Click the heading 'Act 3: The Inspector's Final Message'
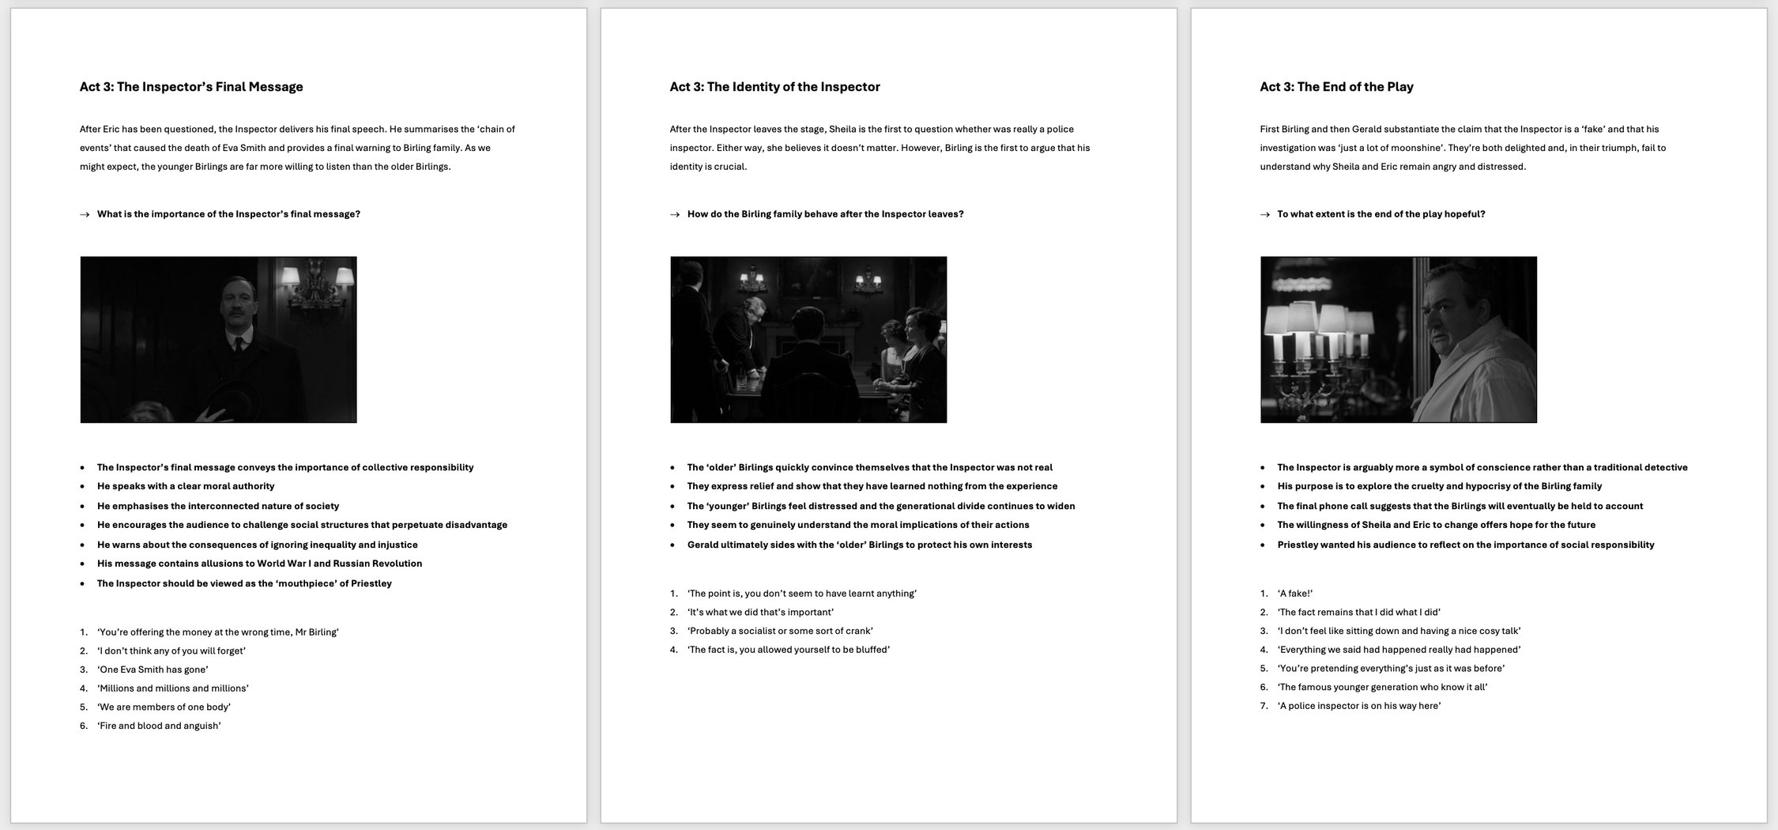click(x=191, y=87)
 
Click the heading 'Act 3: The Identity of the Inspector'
click(x=774, y=87)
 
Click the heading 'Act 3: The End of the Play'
click(x=1336, y=87)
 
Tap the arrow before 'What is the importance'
click(x=85, y=214)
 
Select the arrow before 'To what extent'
click(x=1265, y=214)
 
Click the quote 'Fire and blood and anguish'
click(x=159, y=726)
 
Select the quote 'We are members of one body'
click(x=164, y=707)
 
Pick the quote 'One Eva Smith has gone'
click(x=153, y=670)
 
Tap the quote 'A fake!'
click(x=1295, y=593)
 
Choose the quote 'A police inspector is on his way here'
click(x=1359, y=706)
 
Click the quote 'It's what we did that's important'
click(x=760, y=612)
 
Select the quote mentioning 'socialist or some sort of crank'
click(x=780, y=631)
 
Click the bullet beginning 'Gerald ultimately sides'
click(x=859, y=545)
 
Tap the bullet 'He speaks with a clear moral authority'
click(x=186, y=486)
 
